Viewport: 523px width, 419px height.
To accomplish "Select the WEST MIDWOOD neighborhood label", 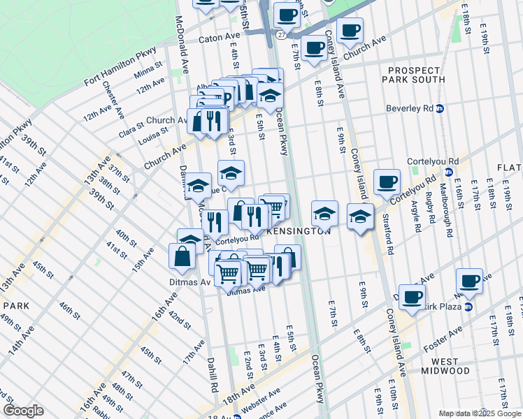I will pos(445,365).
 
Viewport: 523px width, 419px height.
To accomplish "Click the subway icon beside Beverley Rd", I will pos(440,109).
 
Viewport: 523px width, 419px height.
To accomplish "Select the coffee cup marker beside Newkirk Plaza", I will pos(470,281).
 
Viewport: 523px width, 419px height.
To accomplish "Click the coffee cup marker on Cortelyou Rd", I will pos(387,183).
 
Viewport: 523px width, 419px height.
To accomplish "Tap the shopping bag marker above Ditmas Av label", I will pos(182,256).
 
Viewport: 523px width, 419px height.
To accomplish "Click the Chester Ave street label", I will pos(113,102).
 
